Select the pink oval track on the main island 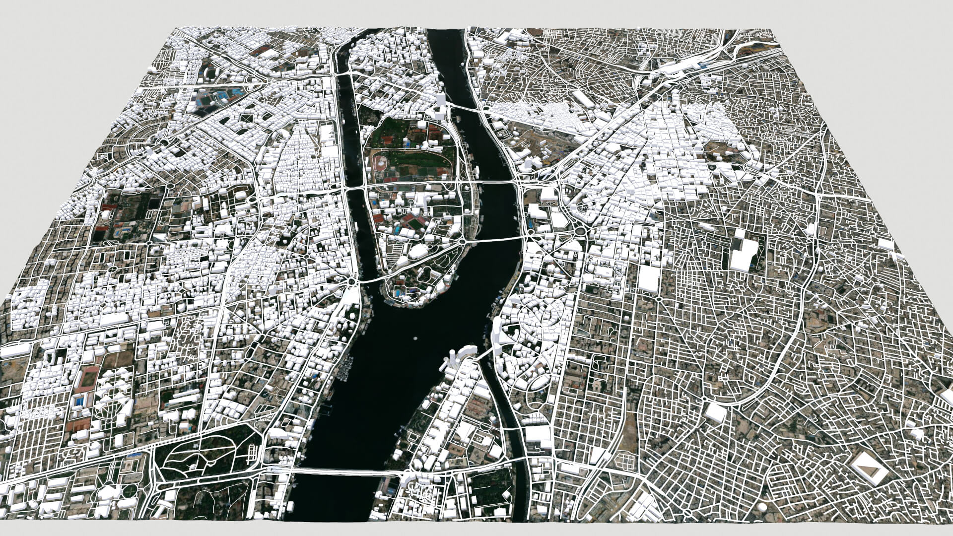pyautogui.click(x=381, y=162)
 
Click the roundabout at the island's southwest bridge pyautogui.click(x=351, y=282)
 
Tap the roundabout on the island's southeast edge pyautogui.click(x=462, y=241)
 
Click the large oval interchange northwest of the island pyautogui.click(x=161, y=142)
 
